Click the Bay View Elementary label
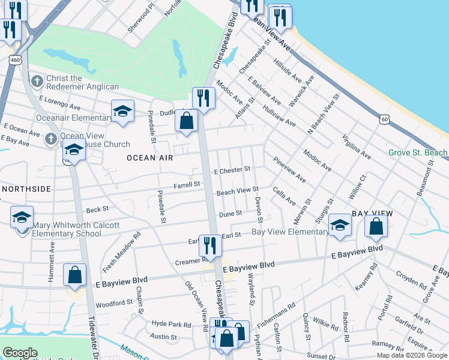[x=290, y=232]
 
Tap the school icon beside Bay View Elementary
[x=340, y=226]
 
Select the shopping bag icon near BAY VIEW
[x=376, y=226]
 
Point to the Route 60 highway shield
[x=384, y=119]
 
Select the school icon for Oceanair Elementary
[x=122, y=111]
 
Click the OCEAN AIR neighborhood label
[x=149, y=158]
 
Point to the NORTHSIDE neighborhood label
[x=26, y=189]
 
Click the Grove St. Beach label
[x=418, y=153]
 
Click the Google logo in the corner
[x=20, y=353]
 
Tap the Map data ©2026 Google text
[x=412, y=355]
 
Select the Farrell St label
[x=187, y=185]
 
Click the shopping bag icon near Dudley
[x=187, y=121]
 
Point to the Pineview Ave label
[x=289, y=171]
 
